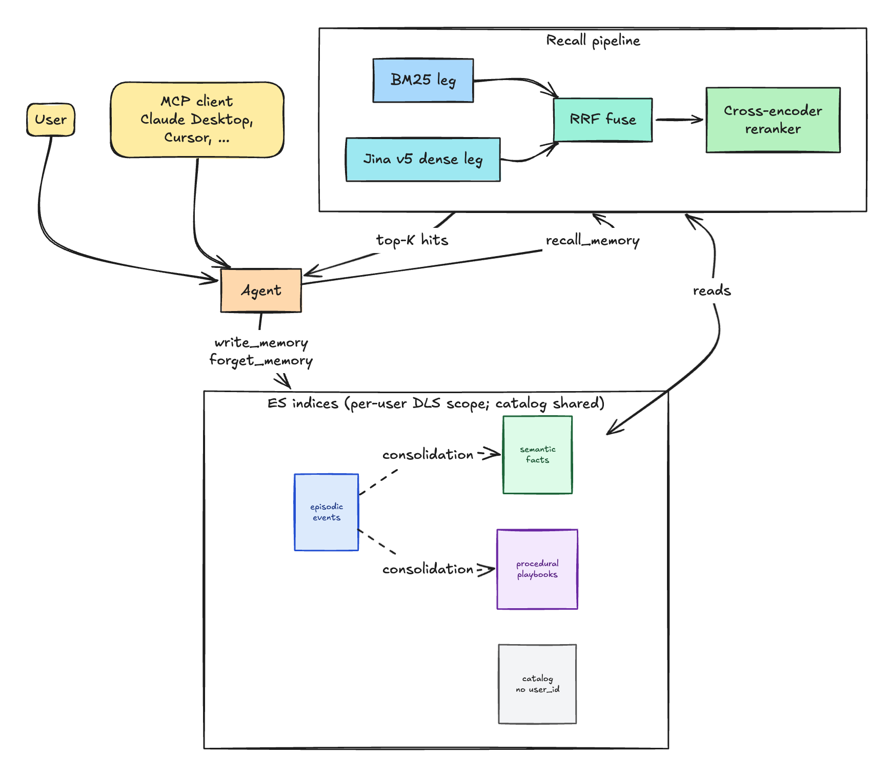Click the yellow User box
(51, 120)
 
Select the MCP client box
(197, 120)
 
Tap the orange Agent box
(261, 290)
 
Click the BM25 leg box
(423, 80)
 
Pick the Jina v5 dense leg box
(423, 159)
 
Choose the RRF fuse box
(603, 120)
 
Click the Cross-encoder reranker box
(773, 120)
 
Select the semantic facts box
(537, 455)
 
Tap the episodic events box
(326, 512)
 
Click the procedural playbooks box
(537, 569)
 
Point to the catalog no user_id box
(537, 684)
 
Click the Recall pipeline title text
(593, 41)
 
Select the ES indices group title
(436, 403)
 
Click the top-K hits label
(412, 240)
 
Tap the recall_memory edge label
(593, 241)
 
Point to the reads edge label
(712, 290)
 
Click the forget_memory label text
(261, 360)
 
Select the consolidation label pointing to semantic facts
(428, 455)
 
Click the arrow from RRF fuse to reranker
(679, 120)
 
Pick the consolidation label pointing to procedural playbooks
(428, 569)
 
